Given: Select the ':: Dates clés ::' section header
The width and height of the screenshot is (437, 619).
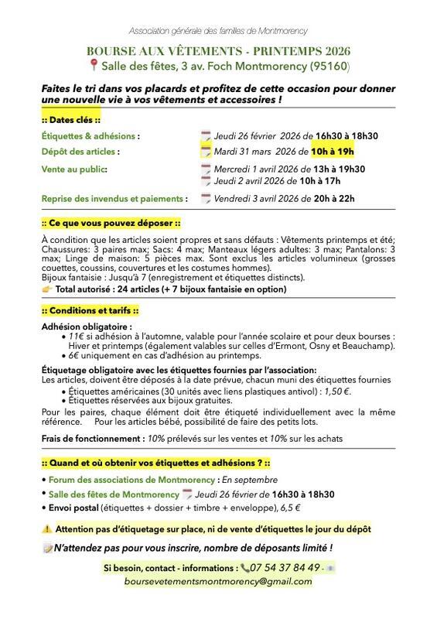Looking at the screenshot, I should [x=71, y=120].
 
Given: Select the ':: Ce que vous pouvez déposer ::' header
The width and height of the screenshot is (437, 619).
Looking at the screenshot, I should [x=110, y=222].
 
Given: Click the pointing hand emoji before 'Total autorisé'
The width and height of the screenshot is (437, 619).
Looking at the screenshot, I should [x=47, y=289].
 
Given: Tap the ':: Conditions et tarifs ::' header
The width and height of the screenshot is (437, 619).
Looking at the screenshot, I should [x=90, y=310].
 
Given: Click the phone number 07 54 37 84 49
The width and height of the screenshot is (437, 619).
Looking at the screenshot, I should [x=287, y=567].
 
